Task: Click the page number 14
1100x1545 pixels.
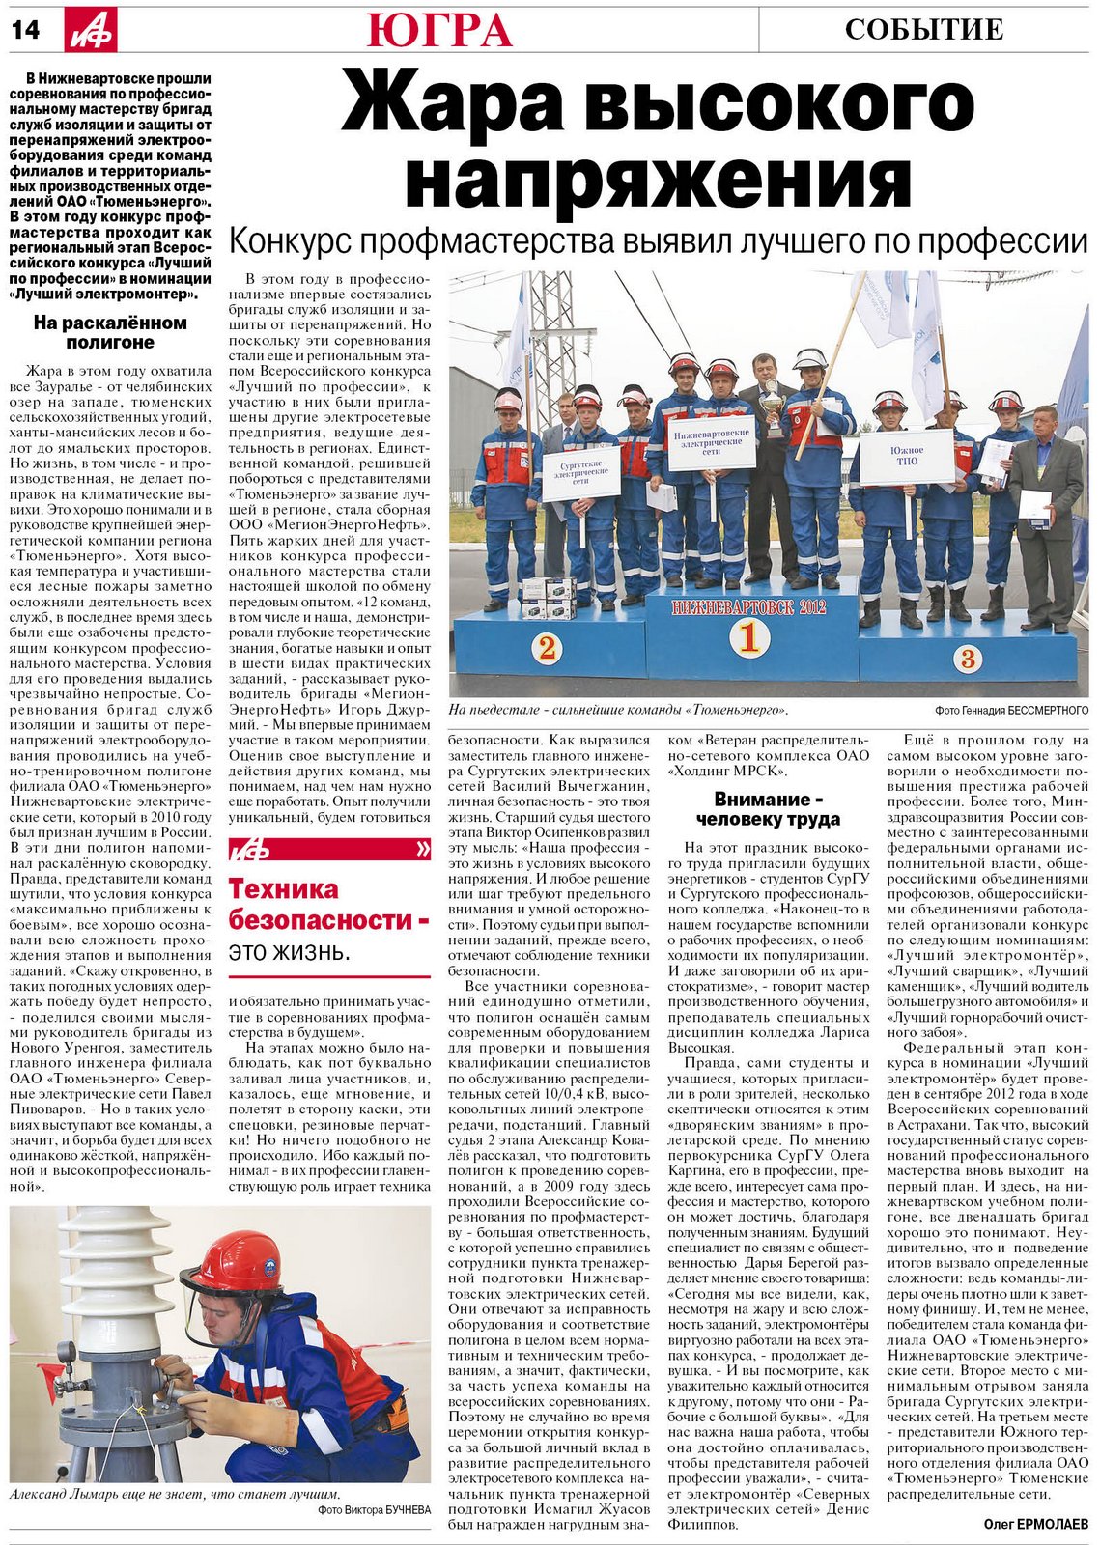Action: pos(26,30)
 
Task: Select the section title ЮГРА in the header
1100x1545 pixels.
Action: pos(438,30)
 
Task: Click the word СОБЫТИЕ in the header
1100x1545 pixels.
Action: pos(924,30)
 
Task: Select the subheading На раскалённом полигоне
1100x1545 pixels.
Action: pos(110,332)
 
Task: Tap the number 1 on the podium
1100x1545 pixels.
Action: pos(748,637)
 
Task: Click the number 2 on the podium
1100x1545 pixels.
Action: pos(547,648)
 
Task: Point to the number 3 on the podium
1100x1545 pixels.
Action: pos(968,659)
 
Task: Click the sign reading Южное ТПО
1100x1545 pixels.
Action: pos(907,457)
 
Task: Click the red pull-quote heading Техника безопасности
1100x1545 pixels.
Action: pos(328,904)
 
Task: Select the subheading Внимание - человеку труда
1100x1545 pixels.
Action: pos(768,809)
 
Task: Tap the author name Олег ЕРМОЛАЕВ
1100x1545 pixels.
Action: pos(1034,1524)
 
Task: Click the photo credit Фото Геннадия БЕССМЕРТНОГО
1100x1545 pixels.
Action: pos(1011,710)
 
